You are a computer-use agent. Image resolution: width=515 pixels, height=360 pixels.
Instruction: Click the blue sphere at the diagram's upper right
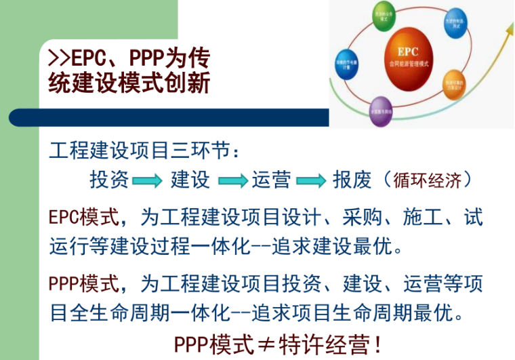[453, 24]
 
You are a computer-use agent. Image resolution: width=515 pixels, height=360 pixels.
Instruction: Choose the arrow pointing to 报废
[312, 181]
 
